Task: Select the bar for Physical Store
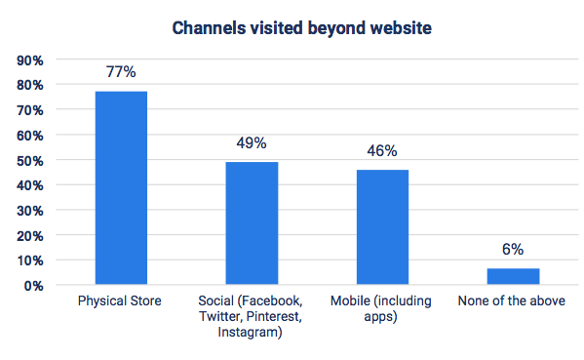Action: [x=121, y=187]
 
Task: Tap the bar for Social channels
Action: [x=253, y=222]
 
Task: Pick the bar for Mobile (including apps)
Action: [x=382, y=226]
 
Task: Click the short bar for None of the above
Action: [x=513, y=276]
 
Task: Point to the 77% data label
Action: [x=121, y=73]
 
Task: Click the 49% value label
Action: [x=253, y=143]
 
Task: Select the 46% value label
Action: [x=382, y=151]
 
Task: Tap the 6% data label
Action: [x=513, y=251]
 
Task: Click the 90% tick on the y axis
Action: [x=29, y=60]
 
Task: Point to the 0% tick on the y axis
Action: [x=33, y=286]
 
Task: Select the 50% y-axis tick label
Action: [x=29, y=160]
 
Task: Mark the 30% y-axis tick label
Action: [x=29, y=211]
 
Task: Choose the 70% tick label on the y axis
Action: [x=29, y=110]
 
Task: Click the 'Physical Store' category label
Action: [x=121, y=301]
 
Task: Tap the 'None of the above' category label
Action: [x=513, y=301]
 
